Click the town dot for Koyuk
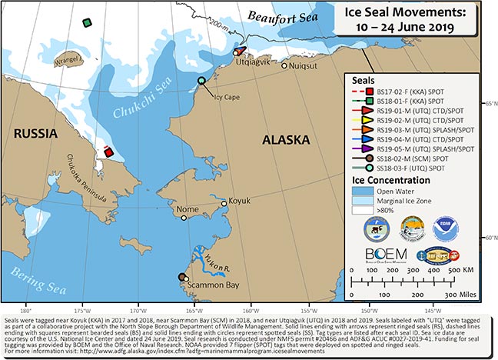[x=224, y=204]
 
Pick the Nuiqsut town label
[x=303, y=65]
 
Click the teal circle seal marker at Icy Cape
[x=201, y=81]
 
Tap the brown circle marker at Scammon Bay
[x=182, y=278]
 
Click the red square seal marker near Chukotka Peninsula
[x=109, y=152]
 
